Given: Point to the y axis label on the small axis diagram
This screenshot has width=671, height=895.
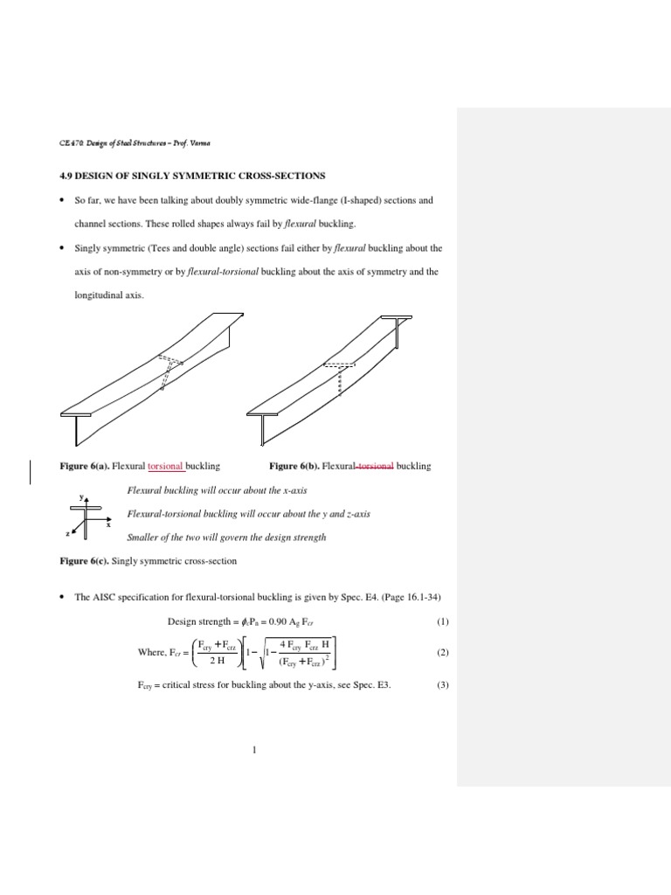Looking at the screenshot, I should [81, 496].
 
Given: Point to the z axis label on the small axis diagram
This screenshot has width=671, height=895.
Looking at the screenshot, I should [66, 532].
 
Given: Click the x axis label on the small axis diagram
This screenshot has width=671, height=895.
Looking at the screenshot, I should [107, 526].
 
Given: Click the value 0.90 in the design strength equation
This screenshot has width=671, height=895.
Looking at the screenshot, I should [259, 622].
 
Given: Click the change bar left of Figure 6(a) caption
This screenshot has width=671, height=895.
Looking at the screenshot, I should [32, 471].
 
